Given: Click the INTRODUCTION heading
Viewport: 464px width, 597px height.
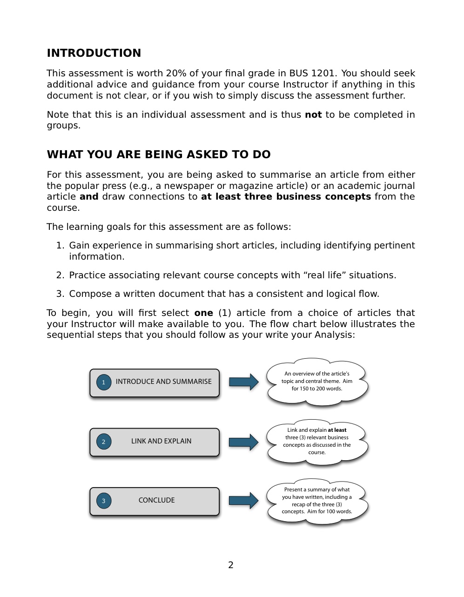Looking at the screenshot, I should [94, 53].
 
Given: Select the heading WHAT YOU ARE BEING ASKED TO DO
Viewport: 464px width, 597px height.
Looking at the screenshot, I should [158, 154].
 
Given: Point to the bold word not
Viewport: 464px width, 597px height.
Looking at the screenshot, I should [313, 115].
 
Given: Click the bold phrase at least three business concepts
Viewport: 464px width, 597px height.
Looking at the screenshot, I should [286, 197].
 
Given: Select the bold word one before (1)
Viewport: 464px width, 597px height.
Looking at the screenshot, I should [203, 313].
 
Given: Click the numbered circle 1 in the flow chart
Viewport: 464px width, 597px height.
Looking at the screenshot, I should [104, 382].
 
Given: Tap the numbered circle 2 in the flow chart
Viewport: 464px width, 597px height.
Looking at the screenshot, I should [104, 442].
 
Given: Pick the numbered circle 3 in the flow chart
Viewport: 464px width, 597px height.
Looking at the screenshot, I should [104, 501].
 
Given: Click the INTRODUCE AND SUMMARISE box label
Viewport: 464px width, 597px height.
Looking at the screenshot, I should [163, 382].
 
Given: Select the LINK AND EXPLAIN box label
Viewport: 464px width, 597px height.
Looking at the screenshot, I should [161, 441].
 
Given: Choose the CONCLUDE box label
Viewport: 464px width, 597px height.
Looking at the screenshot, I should [156, 500].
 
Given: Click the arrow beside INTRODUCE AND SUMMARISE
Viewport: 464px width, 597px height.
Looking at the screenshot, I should [243, 382].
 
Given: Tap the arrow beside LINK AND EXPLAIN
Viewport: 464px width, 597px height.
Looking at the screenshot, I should [243, 442].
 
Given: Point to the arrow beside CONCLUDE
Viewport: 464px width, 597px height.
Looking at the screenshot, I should [243, 501].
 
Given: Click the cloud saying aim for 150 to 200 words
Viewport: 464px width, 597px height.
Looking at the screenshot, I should [317, 381].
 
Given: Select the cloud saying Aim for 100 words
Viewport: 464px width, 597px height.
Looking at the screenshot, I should [317, 501].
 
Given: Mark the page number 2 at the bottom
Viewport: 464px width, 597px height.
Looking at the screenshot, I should [231, 565].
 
